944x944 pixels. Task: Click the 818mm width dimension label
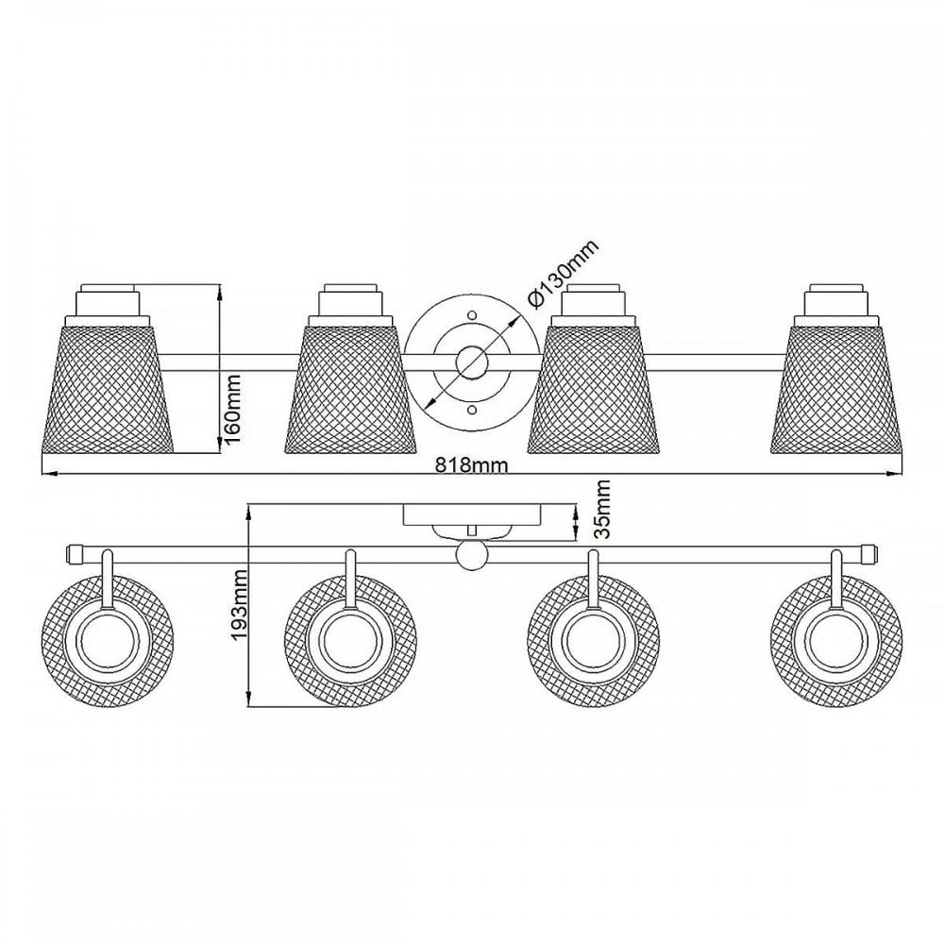[x=471, y=465]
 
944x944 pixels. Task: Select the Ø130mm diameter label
[x=563, y=275]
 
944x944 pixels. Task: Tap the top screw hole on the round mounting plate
[x=472, y=315]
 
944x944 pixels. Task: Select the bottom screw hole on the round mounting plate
[x=472, y=410]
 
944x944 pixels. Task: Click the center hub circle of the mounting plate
[x=472, y=362]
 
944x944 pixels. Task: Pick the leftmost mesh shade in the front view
[x=108, y=388]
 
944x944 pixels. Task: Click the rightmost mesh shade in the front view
[x=836, y=388]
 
